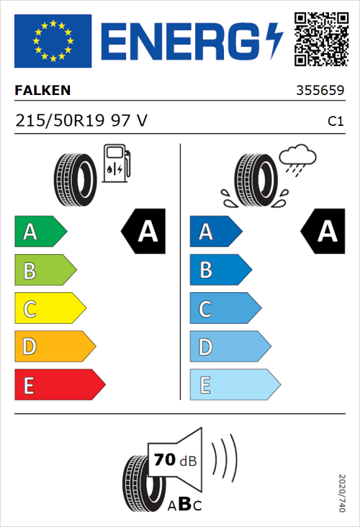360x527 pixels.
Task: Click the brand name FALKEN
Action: click(x=43, y=91)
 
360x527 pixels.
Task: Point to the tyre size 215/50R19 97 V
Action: click(x=81, y=120)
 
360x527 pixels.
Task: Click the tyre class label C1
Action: click(x=335, y=122)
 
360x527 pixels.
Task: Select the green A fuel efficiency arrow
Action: click(x=40, y=232)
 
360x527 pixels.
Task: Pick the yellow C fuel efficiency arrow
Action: click(x=50, y=309)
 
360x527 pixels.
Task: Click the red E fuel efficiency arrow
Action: click(x=59, y=385)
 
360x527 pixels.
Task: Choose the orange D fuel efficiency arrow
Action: click(x=55, y=347)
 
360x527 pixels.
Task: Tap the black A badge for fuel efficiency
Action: click(x=144, y=232)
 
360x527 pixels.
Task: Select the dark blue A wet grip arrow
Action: click(x=215, y=232)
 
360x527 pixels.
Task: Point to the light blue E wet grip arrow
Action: click(x=234, y=385)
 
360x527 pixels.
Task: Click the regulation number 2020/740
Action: click(x=343, y=492)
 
